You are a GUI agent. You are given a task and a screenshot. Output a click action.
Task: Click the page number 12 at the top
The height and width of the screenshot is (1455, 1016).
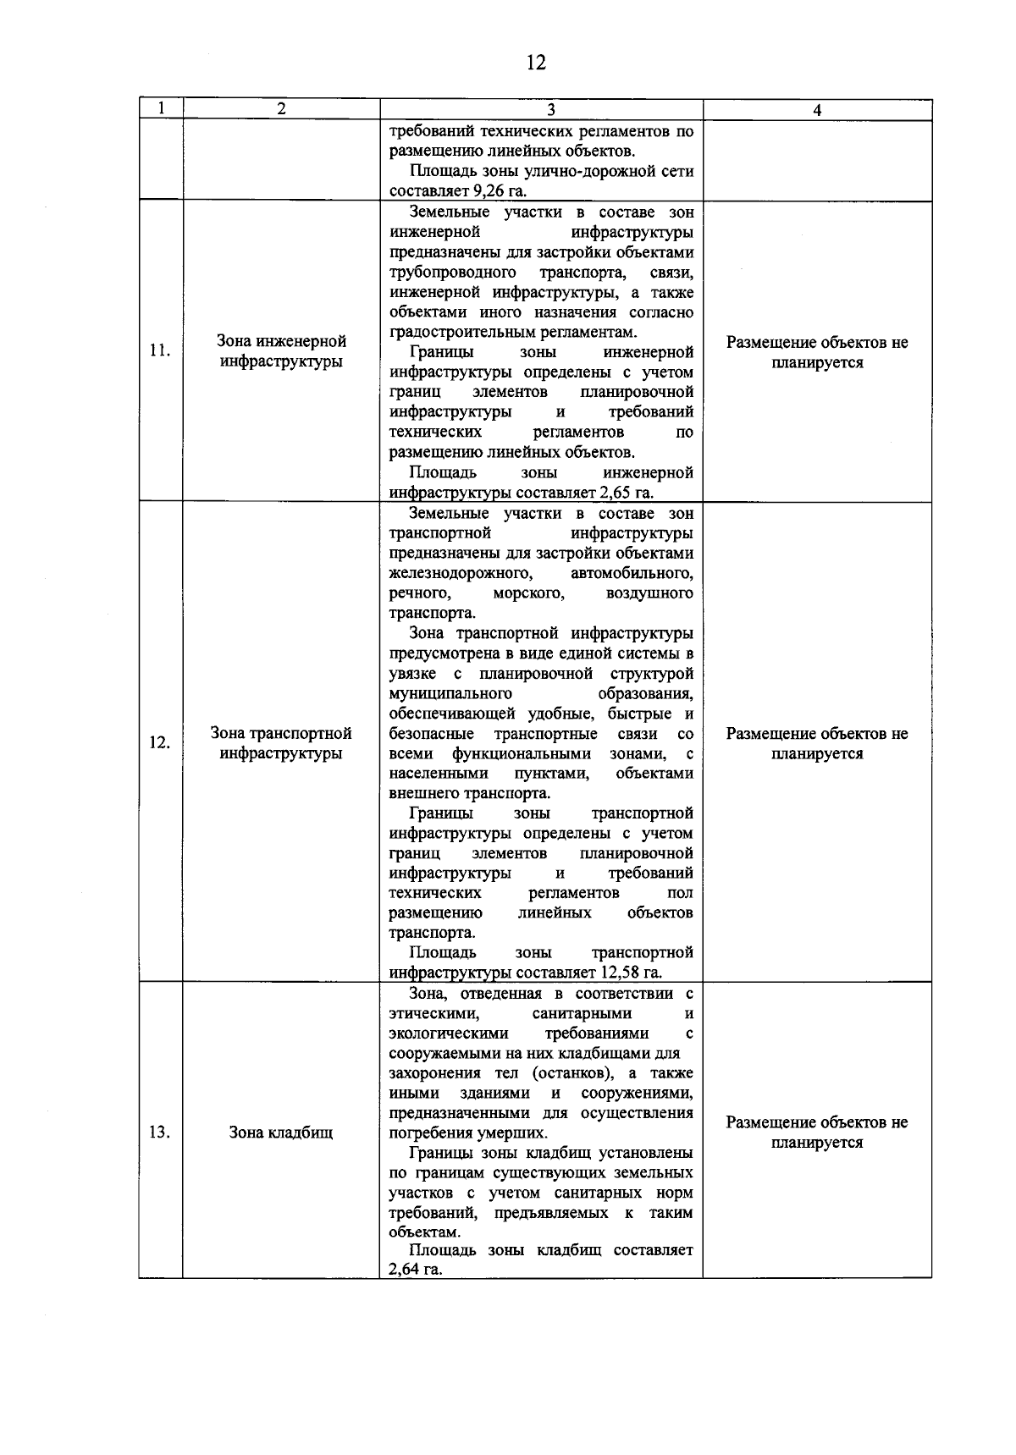click(536, 63)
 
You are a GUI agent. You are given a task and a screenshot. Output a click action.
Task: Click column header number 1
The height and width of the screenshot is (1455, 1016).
click(161, 109)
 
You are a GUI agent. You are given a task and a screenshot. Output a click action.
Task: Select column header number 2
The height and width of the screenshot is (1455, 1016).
click(281, 109)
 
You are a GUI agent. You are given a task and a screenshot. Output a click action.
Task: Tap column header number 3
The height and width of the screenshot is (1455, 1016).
click(550, 110)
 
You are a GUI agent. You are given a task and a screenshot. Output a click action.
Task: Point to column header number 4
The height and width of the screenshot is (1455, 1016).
click(817, 110)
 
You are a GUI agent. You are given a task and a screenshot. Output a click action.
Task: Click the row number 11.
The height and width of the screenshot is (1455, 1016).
click(159, 352)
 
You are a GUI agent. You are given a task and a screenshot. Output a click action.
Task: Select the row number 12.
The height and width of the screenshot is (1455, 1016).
click(159, 743)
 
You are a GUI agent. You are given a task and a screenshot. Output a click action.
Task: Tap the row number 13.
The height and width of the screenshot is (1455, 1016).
click(159, 1133)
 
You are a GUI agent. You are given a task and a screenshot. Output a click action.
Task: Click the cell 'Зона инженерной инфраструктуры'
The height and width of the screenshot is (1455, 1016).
click(281, 352)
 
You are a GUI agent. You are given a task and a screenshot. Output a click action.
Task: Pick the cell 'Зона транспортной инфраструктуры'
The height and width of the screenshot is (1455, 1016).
click(281, 743)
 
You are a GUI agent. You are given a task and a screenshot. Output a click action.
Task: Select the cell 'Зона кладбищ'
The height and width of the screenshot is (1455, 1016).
click(281, 1133)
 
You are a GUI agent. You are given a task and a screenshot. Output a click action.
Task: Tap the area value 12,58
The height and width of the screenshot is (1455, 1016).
click(620, 973)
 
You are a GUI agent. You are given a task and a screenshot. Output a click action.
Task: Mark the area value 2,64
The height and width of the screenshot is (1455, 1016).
click(403, 1270)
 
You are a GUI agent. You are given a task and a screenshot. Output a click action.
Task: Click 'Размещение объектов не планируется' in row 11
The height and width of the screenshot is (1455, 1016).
click(817, 352)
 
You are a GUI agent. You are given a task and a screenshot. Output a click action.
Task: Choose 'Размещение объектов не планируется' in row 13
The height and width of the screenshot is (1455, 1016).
click(817, 1133)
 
